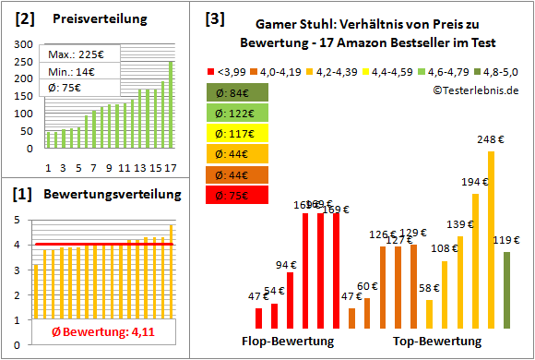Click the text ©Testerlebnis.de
(474, 89)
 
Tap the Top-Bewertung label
(437, 341)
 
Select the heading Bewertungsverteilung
(100, 195)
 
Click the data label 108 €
(445, 248)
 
